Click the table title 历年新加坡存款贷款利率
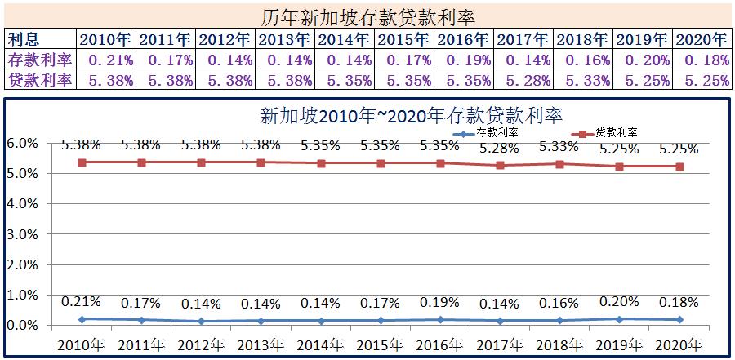pos(367,16)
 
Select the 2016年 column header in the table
pos(465,39)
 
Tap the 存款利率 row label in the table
pos(40,60)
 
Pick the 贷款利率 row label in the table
pos(40,80)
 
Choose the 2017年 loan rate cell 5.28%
pos(524,80)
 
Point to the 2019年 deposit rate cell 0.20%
pos(644,60)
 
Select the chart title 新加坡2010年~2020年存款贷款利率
pos(412,115)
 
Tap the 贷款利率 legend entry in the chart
pos(605,132)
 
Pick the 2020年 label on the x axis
pos(679,344)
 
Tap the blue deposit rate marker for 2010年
pos(82,319)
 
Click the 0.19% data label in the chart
pos(439,303)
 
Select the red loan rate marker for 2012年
pos(201,162)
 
